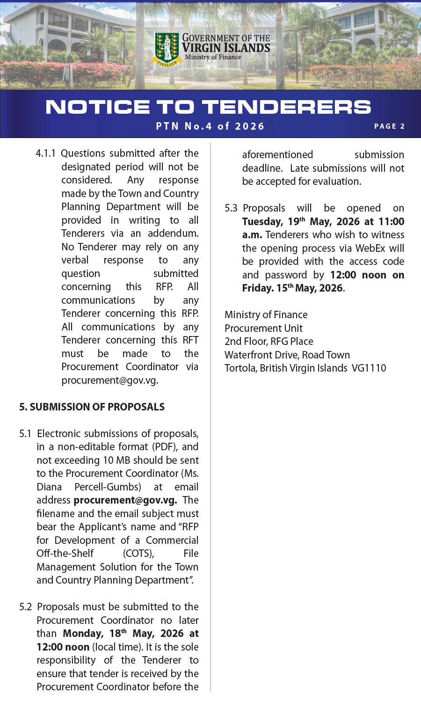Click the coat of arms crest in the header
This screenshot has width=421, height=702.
click(167, 48)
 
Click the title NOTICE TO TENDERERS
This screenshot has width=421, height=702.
click(209, 107)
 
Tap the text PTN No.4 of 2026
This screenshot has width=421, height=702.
click(210, 126)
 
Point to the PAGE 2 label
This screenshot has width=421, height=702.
click(389, 126)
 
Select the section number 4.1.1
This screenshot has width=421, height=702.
click(45, 154)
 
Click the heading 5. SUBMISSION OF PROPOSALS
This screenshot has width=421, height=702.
click(92, 407)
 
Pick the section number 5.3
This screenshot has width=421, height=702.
click(231, 208)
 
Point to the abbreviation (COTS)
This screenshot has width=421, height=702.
click(138, 554)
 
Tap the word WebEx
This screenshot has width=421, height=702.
click(371, 249)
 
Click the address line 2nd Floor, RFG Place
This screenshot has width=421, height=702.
click(269, 342)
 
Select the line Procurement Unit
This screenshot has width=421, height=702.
click(263, 329)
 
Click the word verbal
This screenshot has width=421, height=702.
click(75, 260)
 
